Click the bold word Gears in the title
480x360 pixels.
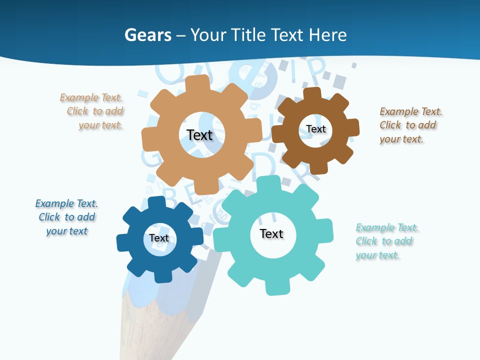(x=147, y=35)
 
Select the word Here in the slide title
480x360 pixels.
(x=327, y=35)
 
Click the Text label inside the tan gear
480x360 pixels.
(x=199, y=135)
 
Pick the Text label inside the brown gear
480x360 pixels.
(x=316, y=129)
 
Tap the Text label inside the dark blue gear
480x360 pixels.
(x=159, y=238)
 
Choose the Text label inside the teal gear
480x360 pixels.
(x=271, y=233)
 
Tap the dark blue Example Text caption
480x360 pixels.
(x=66, y=217)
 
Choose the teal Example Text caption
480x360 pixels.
(x=385, y=241)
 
